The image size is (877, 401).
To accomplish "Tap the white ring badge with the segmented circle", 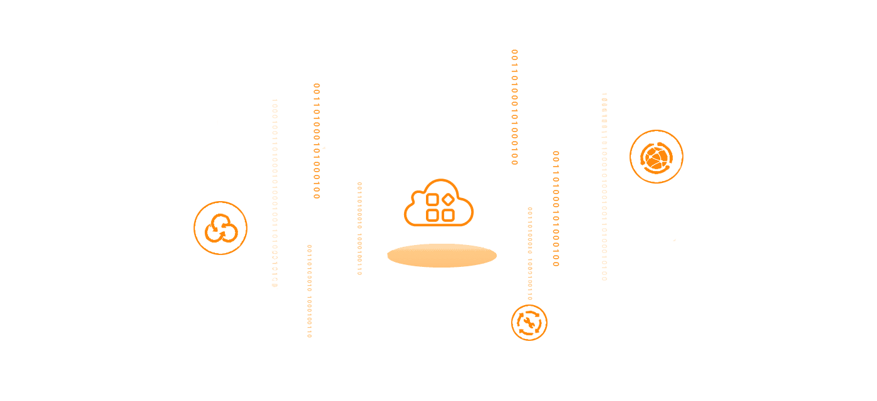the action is click(656, 157).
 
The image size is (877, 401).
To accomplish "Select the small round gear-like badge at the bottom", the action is click(529, 323).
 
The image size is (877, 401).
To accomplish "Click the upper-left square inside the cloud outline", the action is click(432, 201).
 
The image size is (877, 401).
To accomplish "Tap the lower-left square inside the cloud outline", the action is click(432, 216).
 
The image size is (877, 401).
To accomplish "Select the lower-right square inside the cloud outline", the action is click(448, 216).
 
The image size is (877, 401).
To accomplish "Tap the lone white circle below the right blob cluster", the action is click(501, 270).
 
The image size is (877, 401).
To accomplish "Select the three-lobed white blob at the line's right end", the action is click(489, 236).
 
